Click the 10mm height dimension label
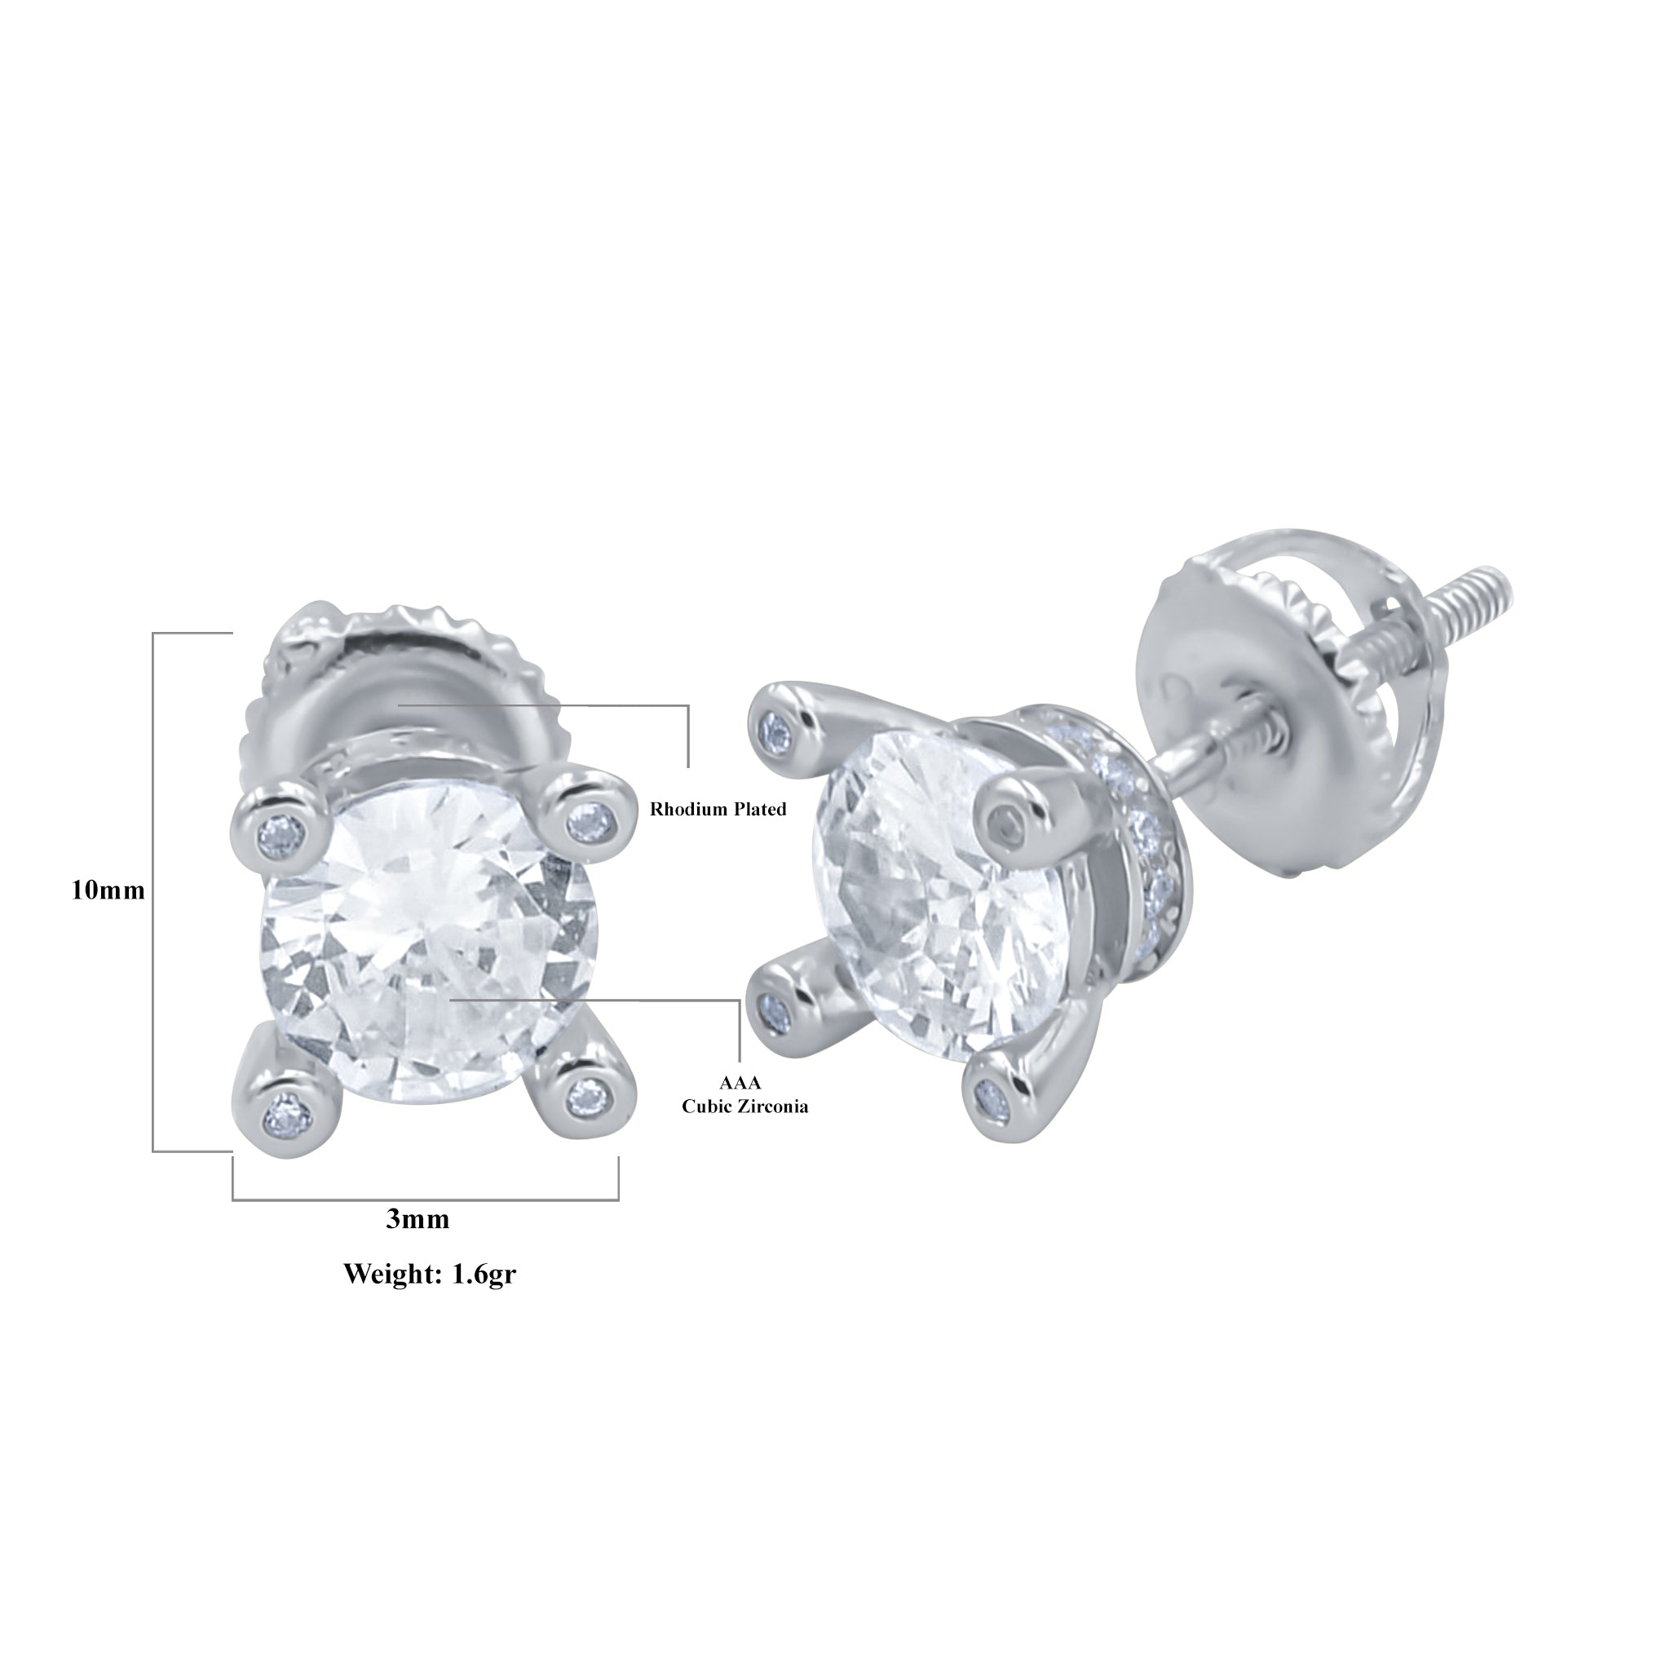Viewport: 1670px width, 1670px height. pos(108,890)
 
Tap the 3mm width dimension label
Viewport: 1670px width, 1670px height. pos(417,1219)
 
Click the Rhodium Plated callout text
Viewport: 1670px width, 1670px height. pos(718,809)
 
